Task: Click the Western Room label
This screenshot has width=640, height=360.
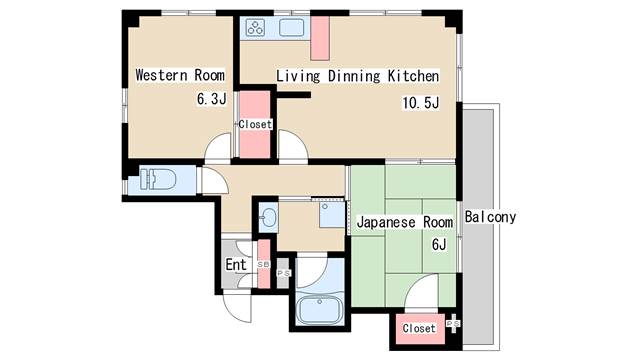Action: coord(180,75)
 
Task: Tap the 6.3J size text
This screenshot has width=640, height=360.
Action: coord(211,100)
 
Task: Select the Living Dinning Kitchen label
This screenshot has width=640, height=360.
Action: coord(357,76)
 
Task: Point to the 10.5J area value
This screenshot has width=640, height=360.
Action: coord(420,101)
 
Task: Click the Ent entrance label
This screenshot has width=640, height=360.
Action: coord(235,265)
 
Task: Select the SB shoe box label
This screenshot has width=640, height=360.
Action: coord(263,265)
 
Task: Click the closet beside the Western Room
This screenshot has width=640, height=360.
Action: coord(254,124)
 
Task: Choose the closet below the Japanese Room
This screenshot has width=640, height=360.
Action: coord(419,327)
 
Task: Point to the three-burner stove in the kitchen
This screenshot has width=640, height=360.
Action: coord(255,29)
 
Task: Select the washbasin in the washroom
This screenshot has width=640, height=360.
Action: coord(268,216)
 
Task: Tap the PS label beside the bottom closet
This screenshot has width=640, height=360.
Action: coord(453,325)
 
